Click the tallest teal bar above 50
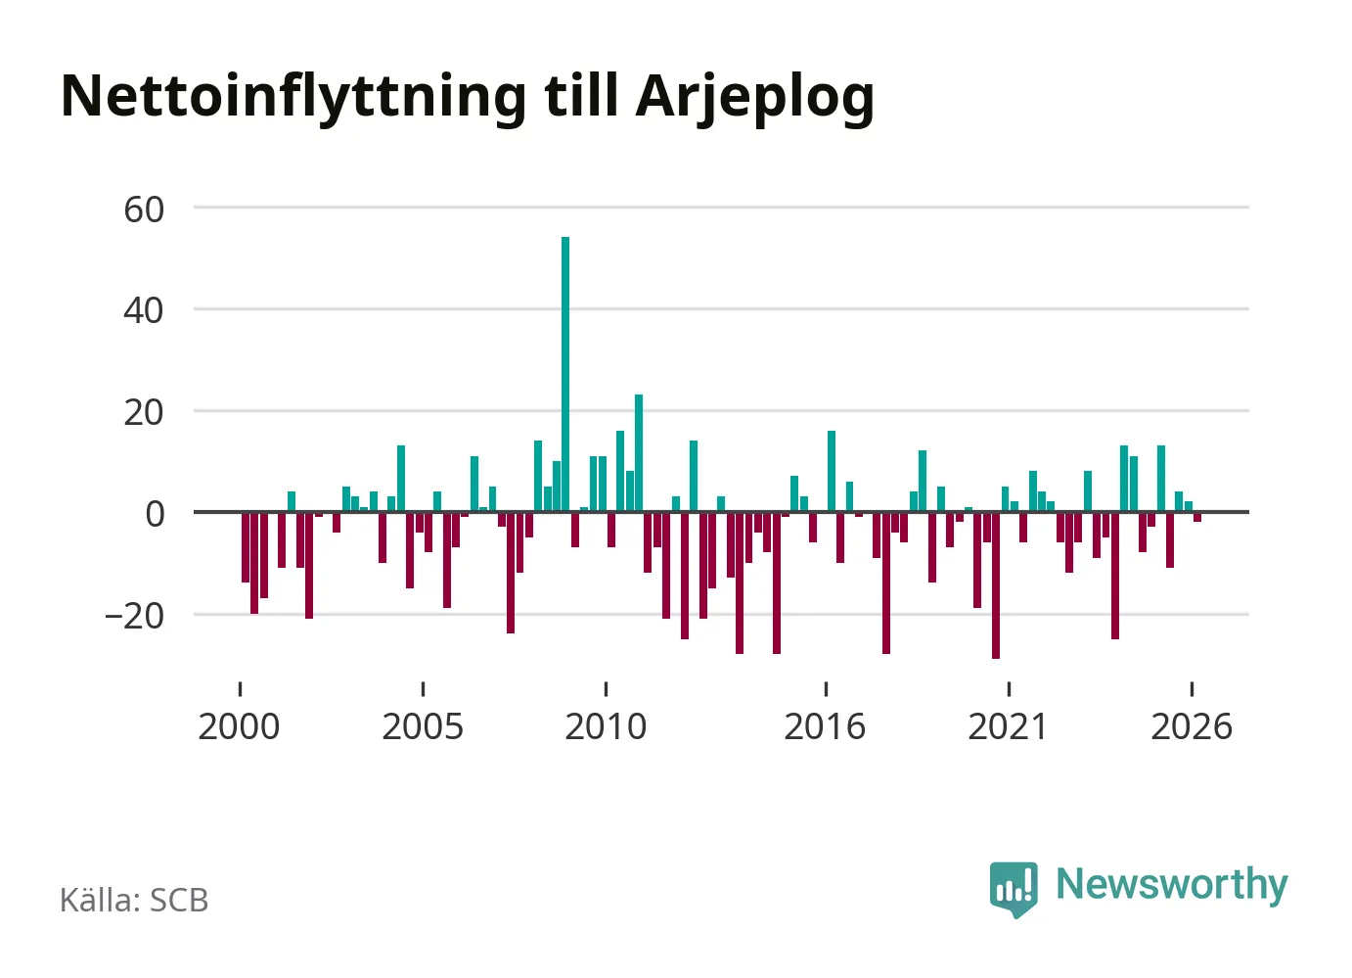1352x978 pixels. [564, 374]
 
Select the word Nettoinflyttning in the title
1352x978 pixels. [293, 98]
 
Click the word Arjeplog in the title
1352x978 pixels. [755, 98]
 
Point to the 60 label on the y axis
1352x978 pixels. [144, 210]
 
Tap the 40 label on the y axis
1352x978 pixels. [144, 311]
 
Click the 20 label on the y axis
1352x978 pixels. [144, 413]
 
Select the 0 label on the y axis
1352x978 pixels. [155, 515]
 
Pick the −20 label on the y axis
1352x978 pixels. [134, 617]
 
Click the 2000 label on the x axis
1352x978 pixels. [239, 726]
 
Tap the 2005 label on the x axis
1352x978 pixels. [423, 726]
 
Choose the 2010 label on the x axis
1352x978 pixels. [606, 726]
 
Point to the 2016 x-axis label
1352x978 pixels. [825, 726]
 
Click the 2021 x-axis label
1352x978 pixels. [1008, 726]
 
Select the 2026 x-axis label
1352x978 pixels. [1192, 726]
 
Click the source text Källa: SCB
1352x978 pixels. [134, 900]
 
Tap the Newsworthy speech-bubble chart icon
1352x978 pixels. [1014, 889]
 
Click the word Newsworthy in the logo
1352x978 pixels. [1172, 886]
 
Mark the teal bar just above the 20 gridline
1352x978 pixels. [639, 453]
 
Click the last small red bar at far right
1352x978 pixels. [1197, 517]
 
